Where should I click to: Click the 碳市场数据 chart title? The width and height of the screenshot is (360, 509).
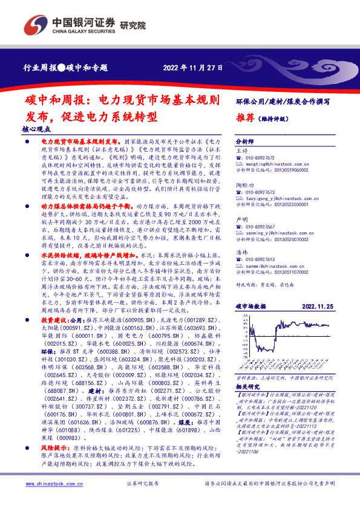[250, 306]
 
